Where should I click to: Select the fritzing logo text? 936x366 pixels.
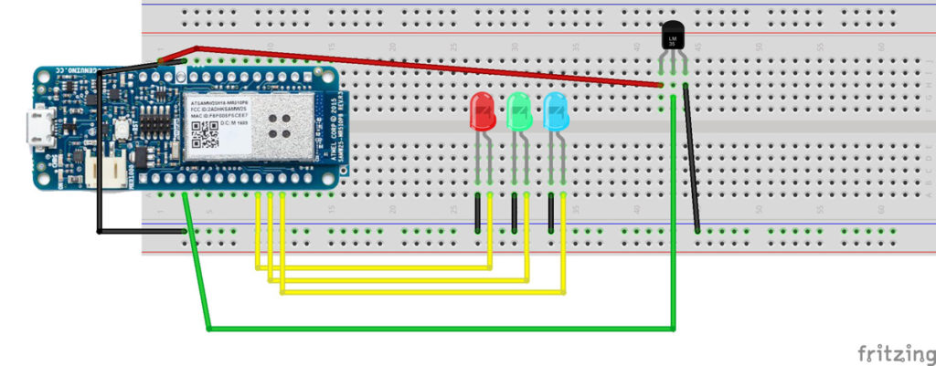[x=892, y=352]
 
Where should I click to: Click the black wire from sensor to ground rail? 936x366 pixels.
[x=692, y=160]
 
